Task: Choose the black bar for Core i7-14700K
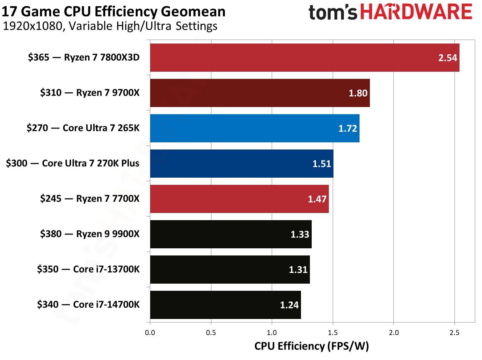pos(225,305)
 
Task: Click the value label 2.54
pos(447,58)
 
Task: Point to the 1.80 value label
pos(358,93)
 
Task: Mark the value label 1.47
pos(317,199)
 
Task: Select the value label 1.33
pos(300,234)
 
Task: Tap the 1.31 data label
pos(298,270)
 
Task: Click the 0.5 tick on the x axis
pos(211,333)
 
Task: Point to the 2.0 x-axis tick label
pos(394,333)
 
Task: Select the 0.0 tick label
pos(150,333)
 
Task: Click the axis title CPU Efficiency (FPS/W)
pos(311,346)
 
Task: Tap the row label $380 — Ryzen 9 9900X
pos(90,234)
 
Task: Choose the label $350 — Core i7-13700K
pos(88,269)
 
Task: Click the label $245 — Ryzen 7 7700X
pos(90,199)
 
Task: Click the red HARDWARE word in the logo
pos(416,12)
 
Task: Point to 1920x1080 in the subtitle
pos(32,26)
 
